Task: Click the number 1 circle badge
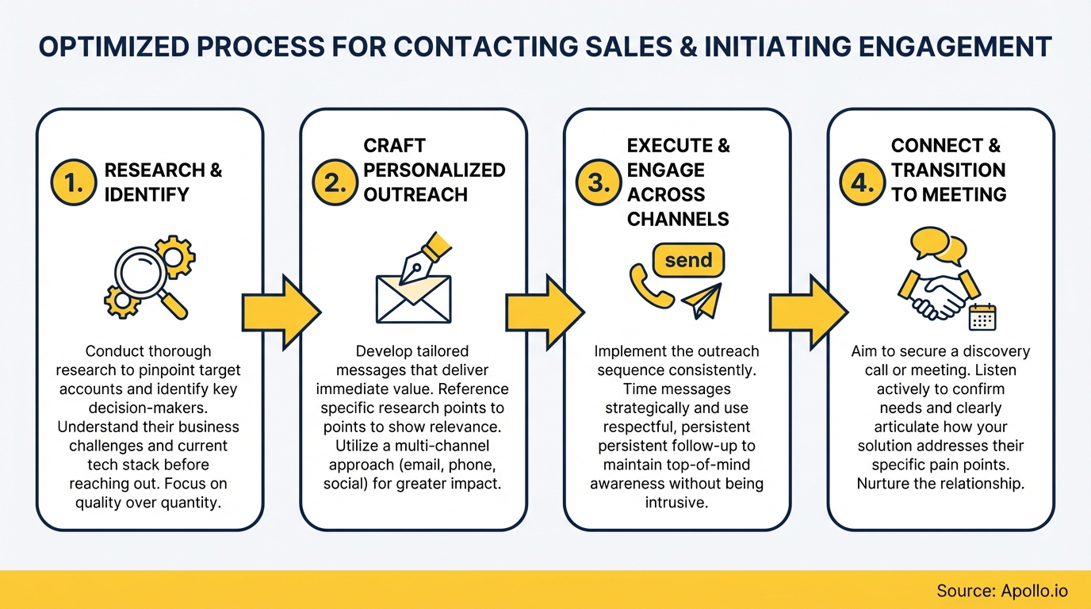74,183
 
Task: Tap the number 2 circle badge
335,183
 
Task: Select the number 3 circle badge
599,183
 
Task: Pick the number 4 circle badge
862,183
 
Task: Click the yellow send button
687,260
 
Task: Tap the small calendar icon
982,316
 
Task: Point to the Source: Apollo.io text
1002,591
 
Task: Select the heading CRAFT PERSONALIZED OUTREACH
434,170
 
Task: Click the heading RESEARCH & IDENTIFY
163,182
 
